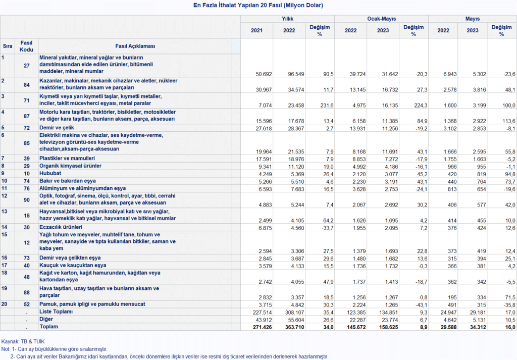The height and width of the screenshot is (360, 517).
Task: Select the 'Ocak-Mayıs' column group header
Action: (382, 19)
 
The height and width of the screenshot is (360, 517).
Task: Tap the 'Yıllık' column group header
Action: (287, 19)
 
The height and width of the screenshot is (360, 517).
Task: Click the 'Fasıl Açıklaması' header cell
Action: (135, 46)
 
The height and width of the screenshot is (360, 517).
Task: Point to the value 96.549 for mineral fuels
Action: (296, 74)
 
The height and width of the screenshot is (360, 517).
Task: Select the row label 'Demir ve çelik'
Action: (57, 128)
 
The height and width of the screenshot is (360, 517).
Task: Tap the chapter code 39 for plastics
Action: (27, 159)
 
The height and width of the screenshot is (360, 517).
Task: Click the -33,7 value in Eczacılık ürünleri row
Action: (327, 228)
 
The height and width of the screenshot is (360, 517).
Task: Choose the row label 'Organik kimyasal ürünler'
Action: (70, 166)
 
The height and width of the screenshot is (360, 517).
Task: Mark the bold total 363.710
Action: (296, 327)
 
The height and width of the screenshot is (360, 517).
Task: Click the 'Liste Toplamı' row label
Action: (56, 312)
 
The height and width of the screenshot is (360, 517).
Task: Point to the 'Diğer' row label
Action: (46, 319)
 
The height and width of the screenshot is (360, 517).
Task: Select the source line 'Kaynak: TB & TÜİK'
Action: (23, 341)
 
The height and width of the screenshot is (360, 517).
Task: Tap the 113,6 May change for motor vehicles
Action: (509, 121)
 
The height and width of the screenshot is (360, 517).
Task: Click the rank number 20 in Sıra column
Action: (4, 304)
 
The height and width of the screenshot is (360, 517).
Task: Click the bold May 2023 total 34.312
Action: (477, 327)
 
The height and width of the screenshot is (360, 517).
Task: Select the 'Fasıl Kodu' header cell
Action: (26, 46)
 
